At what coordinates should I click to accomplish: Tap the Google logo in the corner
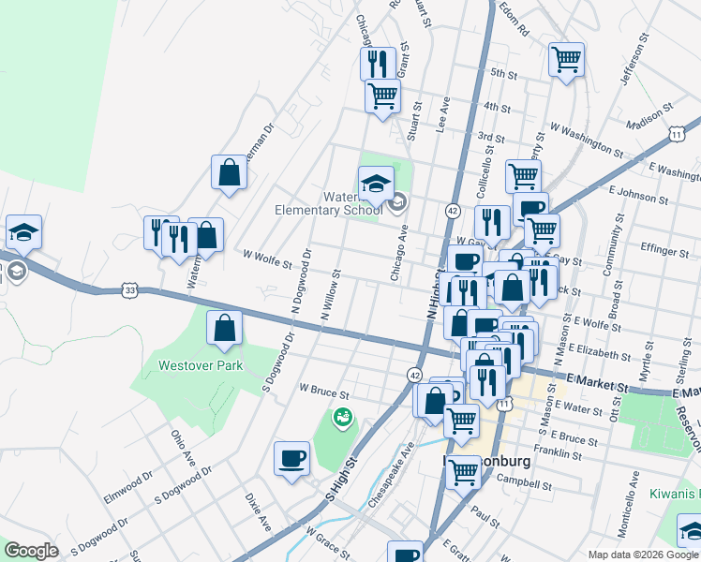[x=31, y=551]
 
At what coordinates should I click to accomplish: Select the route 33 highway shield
[x=130, y=291]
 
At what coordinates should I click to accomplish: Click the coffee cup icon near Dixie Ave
[x=291, y=459]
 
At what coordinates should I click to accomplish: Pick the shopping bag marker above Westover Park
[x=225, y=329]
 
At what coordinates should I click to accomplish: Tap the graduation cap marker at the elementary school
[x=376, y=184]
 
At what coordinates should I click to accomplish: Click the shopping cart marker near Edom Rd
[x=567, y=60]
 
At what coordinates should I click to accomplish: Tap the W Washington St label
[x=586, y=138]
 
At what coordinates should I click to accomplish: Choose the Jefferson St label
[x=635, y=63]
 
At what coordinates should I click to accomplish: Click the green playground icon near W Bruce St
[x=341, y=416]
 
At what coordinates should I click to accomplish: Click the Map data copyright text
[x=642, y=554]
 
